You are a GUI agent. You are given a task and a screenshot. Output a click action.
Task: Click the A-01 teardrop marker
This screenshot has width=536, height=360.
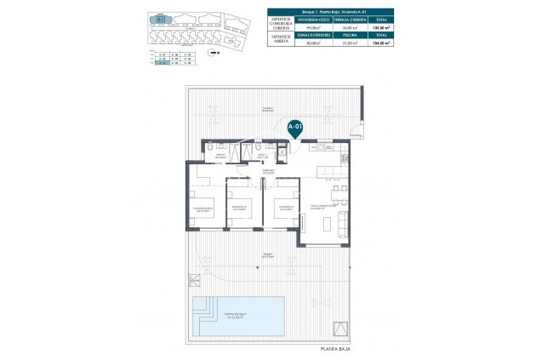tap(294, 129)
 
